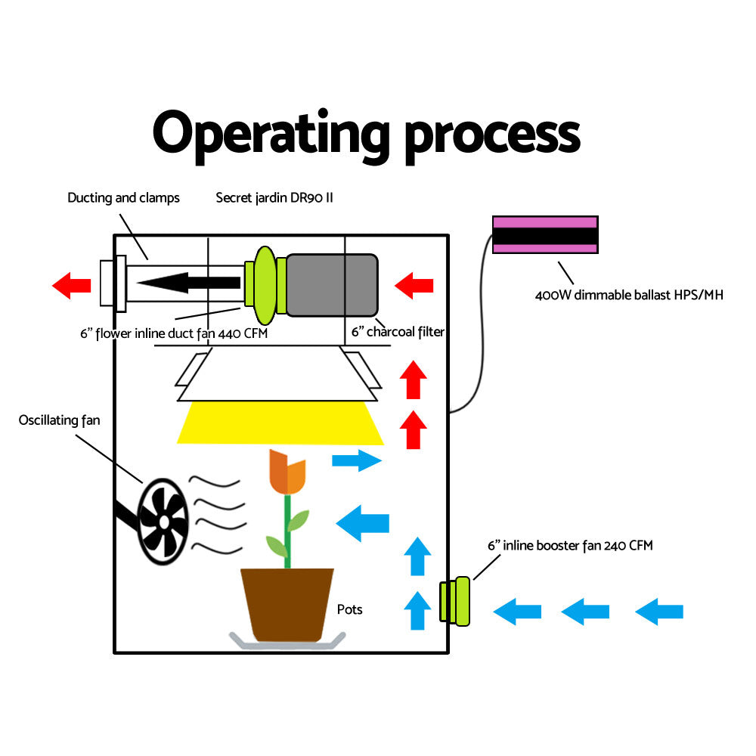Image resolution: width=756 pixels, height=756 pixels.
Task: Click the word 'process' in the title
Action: click(x=491, y=136)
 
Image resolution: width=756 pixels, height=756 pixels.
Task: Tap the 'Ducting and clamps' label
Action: click(x=123, y=198)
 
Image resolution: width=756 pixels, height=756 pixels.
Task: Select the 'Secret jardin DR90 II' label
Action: click(x=274, y=198)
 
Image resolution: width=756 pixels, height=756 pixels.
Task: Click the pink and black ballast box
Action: click(x=545, y=234)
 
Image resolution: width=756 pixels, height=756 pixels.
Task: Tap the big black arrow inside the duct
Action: click(x=189, y=283)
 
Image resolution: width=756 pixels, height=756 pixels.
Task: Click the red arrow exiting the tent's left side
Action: click(x=72, y=286)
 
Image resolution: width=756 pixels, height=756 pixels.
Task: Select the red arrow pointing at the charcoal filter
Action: click(x=414, y=286)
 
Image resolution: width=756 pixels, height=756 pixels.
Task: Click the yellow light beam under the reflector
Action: click(x=280, y=423)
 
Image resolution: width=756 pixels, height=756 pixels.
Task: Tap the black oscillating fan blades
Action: click(x=163, y=522)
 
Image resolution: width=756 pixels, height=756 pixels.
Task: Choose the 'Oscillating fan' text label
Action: click(x=59, y=420)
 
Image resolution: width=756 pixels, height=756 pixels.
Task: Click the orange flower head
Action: click(x=287, y=472)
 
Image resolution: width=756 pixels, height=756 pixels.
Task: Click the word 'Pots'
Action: click(x=349, y=609)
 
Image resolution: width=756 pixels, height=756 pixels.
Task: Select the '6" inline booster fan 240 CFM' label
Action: click(x=570, y=545)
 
